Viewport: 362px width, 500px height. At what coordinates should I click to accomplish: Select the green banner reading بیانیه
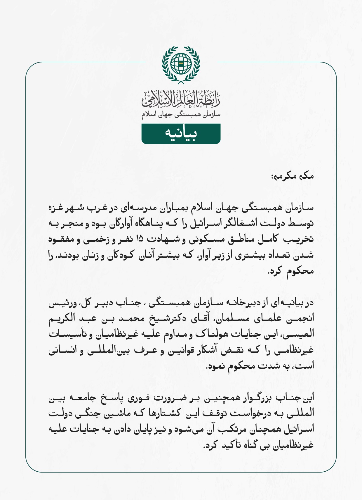[181, 134]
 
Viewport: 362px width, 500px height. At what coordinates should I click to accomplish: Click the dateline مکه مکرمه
[293, 176]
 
